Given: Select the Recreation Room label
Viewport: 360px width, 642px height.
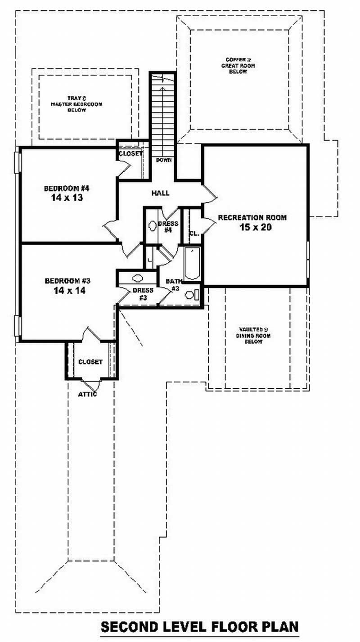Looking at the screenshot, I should (252, 218).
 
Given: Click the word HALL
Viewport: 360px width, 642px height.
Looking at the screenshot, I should (160, 193).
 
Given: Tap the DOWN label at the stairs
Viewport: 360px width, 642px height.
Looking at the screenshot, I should (163, 160).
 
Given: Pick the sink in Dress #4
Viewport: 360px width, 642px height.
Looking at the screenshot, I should (152, 225).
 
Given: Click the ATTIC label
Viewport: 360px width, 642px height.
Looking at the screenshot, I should (87, 395).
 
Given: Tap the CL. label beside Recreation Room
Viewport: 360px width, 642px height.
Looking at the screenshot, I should (194, 233).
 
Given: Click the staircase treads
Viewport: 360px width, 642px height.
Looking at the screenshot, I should (162, 117).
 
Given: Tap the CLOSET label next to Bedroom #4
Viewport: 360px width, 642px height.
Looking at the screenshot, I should (130, 153).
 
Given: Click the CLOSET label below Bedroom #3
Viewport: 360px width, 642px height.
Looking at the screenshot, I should (90, 362).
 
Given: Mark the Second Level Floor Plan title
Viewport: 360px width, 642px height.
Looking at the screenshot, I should (199, 626).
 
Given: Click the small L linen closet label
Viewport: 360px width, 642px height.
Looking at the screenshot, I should (149, 261).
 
